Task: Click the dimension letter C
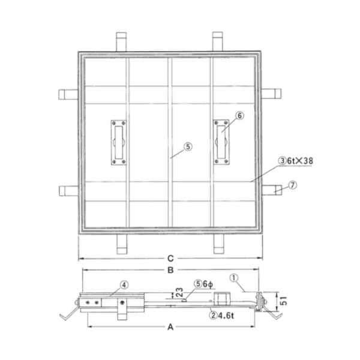[170, 259]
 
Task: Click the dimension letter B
[170, 270]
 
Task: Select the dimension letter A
[170, 327]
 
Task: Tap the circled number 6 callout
[239, 115]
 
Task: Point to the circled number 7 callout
[293, 185]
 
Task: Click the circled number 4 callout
[124, 285]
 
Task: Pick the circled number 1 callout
[234, 278]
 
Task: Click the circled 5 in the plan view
[188, 146]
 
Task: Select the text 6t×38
[300, 161]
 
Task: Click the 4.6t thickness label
[226, 316]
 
